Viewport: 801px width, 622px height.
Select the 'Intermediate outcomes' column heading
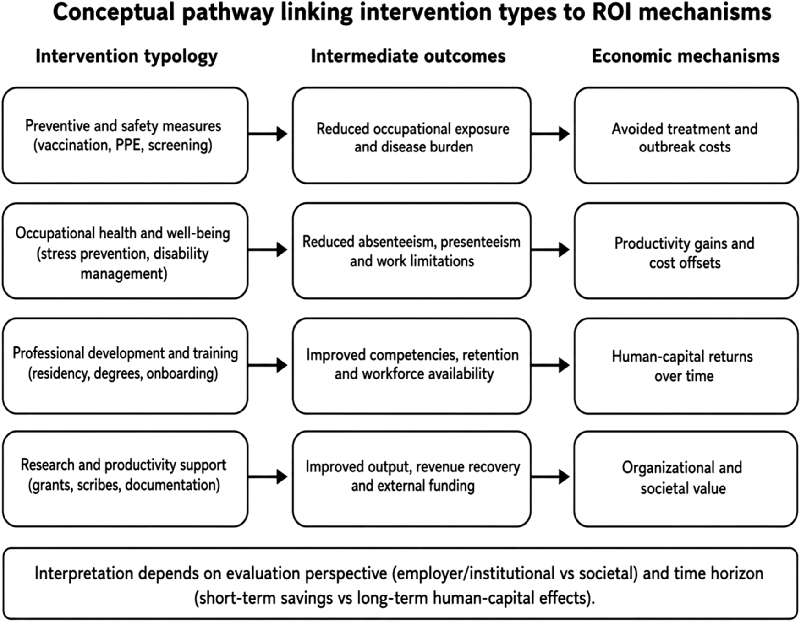(408, 56)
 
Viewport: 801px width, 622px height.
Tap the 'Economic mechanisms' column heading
(686, 56)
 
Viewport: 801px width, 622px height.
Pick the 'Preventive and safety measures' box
(125, 135)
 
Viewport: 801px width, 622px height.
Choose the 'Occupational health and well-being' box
(125, 251)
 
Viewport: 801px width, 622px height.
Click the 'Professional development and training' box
(125, 366)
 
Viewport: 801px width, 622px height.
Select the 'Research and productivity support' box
(125, 479)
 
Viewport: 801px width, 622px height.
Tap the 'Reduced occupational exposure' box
(412, 135)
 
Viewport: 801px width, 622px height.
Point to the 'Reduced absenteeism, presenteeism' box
(412, 251)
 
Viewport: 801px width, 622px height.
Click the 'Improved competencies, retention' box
(412, 366)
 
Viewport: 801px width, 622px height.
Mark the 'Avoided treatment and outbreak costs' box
(686, 135)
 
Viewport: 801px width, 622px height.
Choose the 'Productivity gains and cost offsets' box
(686, 251)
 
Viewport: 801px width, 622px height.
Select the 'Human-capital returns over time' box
(686, 366)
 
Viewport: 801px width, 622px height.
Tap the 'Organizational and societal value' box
(686, 479)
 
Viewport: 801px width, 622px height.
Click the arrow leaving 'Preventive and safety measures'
(268, 134)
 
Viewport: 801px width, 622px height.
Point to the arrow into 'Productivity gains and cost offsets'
(550, 249)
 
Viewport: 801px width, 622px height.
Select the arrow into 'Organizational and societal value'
(550, 477)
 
